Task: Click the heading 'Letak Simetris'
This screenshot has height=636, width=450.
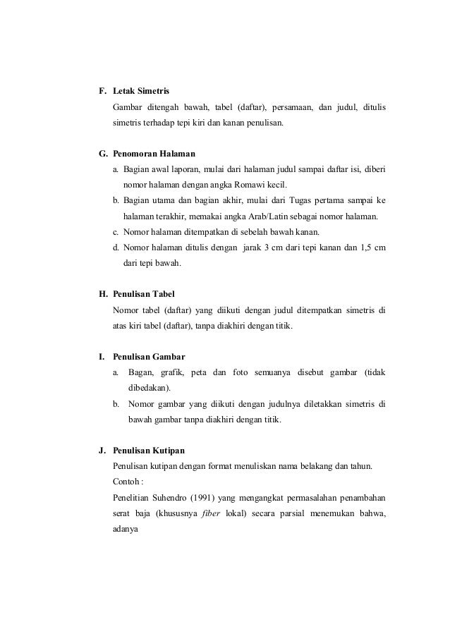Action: (x=140, y=92)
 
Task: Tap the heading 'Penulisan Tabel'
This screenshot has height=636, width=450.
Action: (x=143, y=293)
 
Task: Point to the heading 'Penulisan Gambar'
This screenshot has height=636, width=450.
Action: (x=149, y=356)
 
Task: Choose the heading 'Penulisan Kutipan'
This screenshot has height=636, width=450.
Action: (x=149, y=450)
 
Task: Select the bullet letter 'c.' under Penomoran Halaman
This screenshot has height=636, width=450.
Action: (x=116, y=232)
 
